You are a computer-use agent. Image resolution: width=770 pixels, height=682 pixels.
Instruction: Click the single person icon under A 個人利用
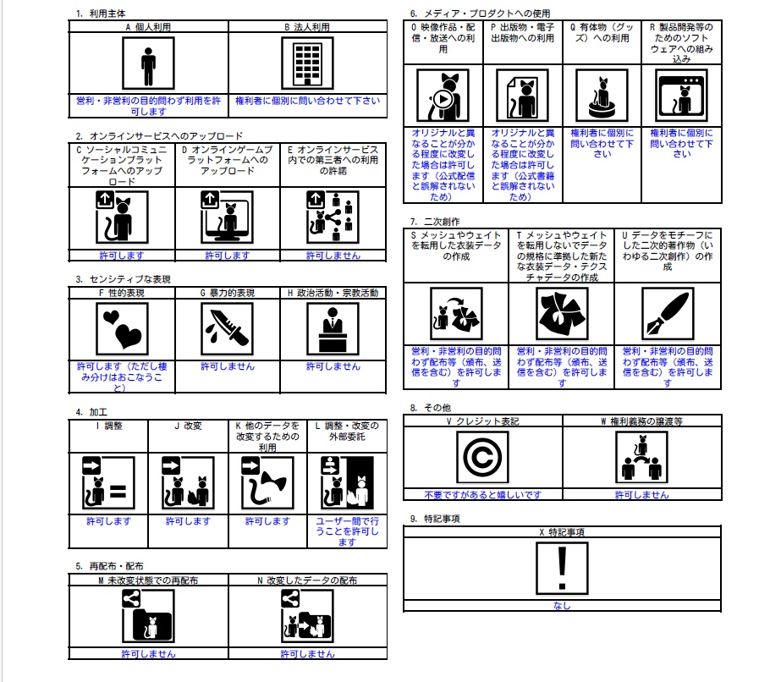148,63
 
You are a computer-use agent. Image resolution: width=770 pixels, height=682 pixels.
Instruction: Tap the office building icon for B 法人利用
307,63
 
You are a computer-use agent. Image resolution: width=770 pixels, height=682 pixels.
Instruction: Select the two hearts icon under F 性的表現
123,328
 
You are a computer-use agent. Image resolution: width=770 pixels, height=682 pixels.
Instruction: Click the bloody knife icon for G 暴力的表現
228,328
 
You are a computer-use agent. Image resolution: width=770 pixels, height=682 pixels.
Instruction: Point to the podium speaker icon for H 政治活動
333,328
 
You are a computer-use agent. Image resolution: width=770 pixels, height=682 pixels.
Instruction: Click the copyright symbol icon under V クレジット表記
482,457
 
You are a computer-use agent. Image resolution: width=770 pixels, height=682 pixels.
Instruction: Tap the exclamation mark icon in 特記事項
563,568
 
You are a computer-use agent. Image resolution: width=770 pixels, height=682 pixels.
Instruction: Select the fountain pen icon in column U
668,314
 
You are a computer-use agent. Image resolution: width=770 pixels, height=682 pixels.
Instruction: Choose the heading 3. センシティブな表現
124,279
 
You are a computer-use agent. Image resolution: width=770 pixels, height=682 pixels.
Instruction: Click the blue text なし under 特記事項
562,605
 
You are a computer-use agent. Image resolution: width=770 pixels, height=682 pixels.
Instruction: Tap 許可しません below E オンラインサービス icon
333,256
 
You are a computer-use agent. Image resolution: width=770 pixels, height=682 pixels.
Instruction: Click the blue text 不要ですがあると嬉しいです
482,495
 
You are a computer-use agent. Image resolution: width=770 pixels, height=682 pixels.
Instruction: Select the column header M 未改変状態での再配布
148,580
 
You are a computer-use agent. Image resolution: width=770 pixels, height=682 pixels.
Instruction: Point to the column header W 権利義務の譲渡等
642,421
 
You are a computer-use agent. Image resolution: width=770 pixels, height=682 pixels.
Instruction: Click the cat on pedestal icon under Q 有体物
602,96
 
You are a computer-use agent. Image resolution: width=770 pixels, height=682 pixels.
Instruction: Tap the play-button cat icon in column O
443,96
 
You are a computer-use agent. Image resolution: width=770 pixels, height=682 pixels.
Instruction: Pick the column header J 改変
188,426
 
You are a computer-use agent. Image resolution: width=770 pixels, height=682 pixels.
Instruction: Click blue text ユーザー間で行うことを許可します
347,531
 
